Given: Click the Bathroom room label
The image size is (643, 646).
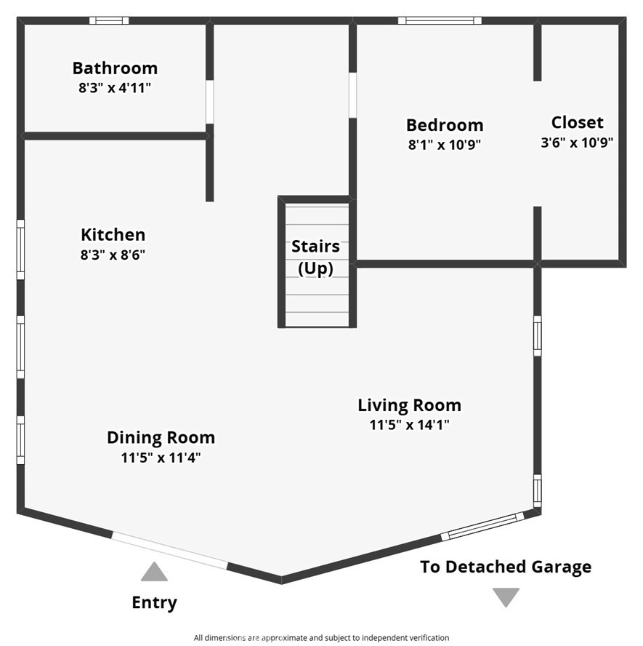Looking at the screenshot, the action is [x=116, y=68].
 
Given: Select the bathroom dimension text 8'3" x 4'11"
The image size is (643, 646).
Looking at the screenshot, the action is [x=116, y=88].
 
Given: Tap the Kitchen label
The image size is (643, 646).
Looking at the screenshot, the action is [x=113, y=235].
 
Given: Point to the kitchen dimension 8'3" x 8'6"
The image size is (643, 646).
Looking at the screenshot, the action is [x=113, y=255].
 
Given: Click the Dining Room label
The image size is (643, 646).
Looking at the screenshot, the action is [x=161, y=438].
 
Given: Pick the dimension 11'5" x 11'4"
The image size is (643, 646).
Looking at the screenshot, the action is [x=161, y=458].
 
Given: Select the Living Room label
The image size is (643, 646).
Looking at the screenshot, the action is [x=409, y=405].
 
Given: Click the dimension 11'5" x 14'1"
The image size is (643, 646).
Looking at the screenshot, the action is [x=409, y=425].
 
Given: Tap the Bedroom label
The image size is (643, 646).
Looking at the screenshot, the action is [x=445, y=125].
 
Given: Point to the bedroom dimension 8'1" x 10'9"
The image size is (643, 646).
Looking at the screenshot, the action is [x=445, y=145].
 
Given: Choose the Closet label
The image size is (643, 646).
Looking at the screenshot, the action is [x=577, y=123].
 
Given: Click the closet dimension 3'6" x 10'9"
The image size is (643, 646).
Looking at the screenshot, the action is [x=577, y=143].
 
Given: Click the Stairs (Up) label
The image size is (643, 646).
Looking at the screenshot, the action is [x=315, y=258].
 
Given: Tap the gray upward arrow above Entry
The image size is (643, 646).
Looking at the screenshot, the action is [x=154, y=571].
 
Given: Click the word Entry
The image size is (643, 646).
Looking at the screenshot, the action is [x=154, y=603].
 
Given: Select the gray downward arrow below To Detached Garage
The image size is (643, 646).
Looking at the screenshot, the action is [x=506, y=597].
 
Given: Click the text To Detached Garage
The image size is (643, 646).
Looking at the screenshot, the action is [x=506, y=567].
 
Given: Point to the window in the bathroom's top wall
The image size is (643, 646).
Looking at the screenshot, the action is [x=109, y=20].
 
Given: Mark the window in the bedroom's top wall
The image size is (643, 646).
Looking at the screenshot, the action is [x=440, y=20].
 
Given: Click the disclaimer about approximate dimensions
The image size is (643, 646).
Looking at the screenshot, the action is [x=321, y=638].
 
